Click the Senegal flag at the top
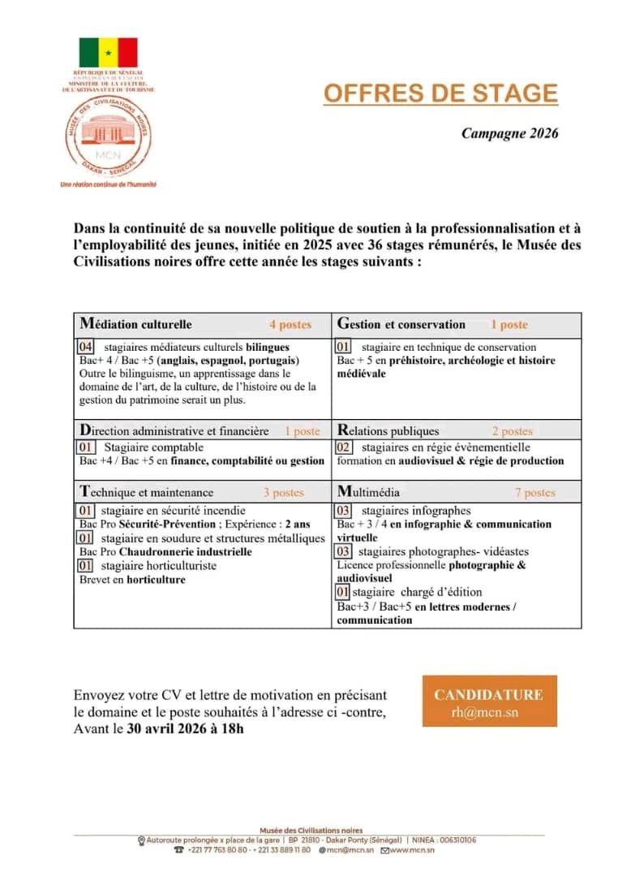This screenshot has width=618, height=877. [x=108, y=53]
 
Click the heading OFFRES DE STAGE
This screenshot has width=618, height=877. [x=441, y=93]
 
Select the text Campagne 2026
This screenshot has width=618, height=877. [x=510, y=133]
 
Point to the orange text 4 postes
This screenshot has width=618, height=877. [x=290, y=325]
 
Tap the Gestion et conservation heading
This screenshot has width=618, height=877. [x=401, y=324]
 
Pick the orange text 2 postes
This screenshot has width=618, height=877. [x=512, y=431]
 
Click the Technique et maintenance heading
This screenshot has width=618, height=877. [x=147, y=491]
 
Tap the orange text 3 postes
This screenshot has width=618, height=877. [x=283, y=492]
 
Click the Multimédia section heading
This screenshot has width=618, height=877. [x=368, y=491]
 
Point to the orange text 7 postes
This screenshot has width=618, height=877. [x=535, y=492]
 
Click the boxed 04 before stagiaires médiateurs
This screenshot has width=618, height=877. [x=87, y=347]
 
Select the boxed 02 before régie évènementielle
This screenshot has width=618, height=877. [x=344, y=447]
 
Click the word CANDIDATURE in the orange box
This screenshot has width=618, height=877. [x=489, y=694]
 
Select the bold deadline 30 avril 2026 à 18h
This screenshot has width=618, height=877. [x=185, y=728]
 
